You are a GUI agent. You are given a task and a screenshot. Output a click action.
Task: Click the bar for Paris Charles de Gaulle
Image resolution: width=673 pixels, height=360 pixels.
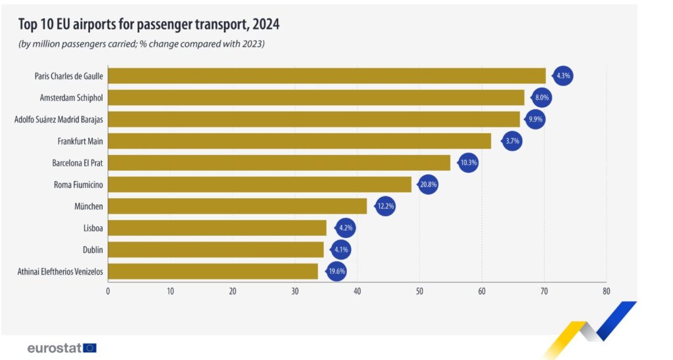click(x=327, y=76)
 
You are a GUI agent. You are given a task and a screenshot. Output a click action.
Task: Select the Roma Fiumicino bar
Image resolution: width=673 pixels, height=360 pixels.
click(x=260, y=185)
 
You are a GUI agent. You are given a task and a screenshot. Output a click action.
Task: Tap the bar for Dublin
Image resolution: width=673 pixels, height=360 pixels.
click(x=216, y=250)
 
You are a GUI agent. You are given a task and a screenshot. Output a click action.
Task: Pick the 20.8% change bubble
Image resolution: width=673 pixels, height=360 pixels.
click(x=428, y=185)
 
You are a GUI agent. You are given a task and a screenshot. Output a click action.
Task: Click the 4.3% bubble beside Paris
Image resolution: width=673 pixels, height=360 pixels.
click(x=563, y=76)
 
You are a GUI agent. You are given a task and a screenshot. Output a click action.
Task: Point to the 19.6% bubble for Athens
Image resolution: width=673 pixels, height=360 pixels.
click(x=336, y=271)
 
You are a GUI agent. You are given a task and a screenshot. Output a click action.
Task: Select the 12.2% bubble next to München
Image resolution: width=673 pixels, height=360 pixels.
click(x=384, y=206)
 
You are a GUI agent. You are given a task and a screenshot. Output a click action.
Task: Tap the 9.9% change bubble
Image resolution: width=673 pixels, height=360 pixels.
click(x=536, y=120)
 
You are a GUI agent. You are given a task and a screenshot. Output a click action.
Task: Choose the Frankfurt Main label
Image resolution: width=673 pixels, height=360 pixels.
click(x=80, y=141)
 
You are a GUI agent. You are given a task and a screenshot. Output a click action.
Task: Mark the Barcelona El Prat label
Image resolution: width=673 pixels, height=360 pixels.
click(x=78, y=163)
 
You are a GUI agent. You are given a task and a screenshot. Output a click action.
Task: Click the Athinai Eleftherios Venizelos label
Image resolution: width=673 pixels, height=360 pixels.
click(x=60, y=271)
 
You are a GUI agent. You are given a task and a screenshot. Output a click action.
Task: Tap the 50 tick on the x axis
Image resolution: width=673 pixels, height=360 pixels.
click(x=419, y=290)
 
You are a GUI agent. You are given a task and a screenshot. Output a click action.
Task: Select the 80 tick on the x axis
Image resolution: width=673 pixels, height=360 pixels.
click(x=606, y=290)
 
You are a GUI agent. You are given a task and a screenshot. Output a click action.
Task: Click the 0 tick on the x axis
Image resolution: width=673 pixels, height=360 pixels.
click(x=108, y=290)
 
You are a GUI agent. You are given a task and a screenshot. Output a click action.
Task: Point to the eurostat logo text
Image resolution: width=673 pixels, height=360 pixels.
click(x=55, y=348)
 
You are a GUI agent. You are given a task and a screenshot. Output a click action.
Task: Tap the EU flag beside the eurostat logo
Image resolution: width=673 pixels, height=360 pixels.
click(x=90, y=348)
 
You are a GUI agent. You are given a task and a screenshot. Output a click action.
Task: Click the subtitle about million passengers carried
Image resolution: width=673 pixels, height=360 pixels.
click(x=141, y=44)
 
